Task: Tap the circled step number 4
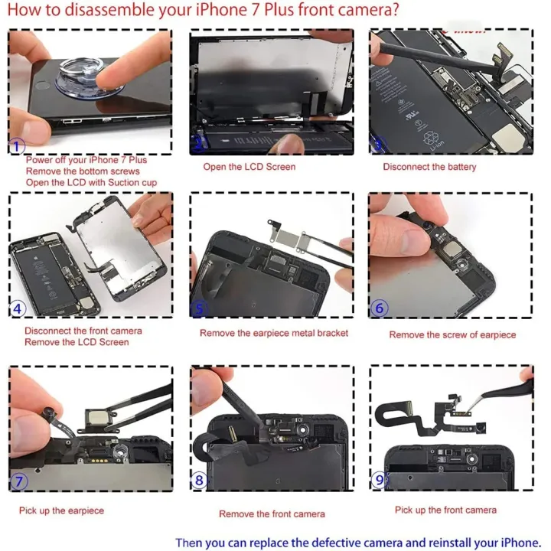[18, 309]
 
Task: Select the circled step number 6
[380, 309]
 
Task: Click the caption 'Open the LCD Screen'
[249, 167]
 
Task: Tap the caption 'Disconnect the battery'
[429, 167]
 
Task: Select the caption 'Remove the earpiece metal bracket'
[274, 333]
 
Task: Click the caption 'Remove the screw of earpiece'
[452, 334]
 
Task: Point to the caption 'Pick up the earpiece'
[61, 510]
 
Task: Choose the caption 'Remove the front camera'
[272, 514]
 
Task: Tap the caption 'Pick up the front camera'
[445, 510]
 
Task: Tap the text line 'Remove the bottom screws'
[83, 171]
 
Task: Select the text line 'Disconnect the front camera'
[83, 331]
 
